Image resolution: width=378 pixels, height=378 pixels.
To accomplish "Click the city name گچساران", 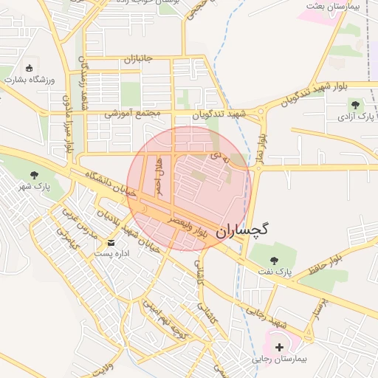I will pos(242,230).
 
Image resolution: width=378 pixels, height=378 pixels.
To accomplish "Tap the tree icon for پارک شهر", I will pos(34,175).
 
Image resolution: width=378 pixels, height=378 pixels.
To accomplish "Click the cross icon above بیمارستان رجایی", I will pos(279,347).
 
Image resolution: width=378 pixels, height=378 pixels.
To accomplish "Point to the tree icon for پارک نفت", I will pos(275,261).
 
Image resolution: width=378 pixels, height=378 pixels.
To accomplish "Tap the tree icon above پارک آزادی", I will pos(356,105).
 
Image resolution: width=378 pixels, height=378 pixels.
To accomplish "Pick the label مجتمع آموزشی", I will pos(132,114).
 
